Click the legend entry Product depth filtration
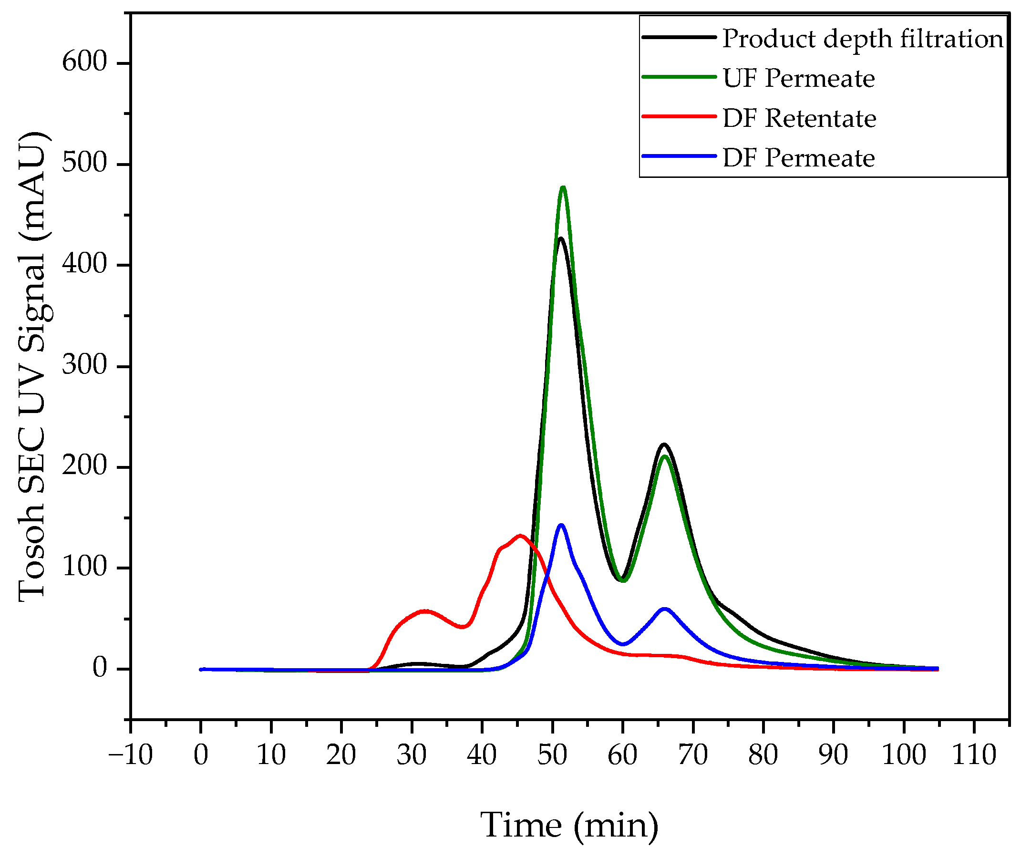point(862,39)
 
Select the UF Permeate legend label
point(799,78)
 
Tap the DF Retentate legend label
point(799,118)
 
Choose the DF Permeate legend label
point(799,158)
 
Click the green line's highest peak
point(563,187)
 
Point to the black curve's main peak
point(561,238)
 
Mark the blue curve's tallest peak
point(561,525)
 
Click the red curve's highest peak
point(520,536)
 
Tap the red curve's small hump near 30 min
point(425,611)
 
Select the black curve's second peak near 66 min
point(664,444)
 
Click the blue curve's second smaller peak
point(664,609)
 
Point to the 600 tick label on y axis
point(84,62)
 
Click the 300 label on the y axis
point(84,365)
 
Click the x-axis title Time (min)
point(569,826)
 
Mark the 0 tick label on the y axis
point(99,668)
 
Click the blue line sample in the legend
point(679,156)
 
